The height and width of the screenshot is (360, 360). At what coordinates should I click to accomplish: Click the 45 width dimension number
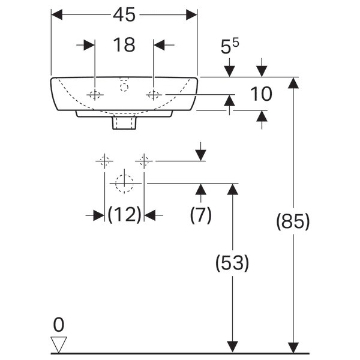coord(124,14)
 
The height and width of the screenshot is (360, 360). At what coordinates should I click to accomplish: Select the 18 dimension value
coord(124,45)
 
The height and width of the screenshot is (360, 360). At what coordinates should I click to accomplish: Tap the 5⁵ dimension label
coord(230,46)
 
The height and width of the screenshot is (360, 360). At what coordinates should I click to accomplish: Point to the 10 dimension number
coord(261,94)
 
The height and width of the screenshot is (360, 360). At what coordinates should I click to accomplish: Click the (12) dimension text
coord(124,214)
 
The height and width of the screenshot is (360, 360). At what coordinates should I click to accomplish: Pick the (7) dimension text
coord(200,215)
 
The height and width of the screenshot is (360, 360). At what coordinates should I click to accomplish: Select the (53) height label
coord(232,263)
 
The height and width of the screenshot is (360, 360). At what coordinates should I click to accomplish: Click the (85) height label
coord(293,221)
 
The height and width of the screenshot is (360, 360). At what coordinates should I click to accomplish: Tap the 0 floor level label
coord(59,325)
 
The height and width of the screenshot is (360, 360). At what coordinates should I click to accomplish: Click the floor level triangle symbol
coord(59,344)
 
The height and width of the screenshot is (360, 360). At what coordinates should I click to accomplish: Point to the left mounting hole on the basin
coord(95,95)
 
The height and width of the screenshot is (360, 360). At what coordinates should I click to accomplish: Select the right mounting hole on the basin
coord(154,95)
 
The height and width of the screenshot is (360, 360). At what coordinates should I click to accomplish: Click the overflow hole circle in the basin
coord(124,88)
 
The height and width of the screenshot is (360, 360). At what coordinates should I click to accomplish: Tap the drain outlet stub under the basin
coord(124,123)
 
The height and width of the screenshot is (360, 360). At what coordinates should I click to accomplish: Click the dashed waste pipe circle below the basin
coord(124,184)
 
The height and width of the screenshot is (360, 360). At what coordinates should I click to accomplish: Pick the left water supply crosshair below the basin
coord(104,161)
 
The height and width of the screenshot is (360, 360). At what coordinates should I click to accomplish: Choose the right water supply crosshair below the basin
coord(144,161)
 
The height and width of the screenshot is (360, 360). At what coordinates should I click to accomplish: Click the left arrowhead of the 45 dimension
coord(57,14)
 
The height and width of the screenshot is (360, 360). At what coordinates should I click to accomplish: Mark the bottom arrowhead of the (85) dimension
coord(293,347)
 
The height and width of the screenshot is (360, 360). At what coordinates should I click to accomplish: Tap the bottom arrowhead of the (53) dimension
coord(232,347)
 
